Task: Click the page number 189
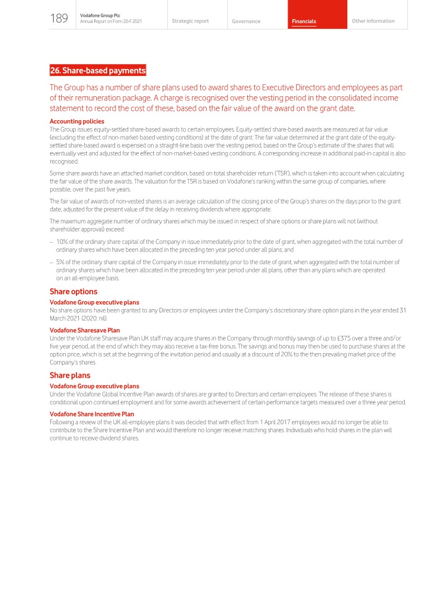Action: click(59, 19)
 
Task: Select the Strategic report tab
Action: click(190, 21)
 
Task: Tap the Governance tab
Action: click(246, 21)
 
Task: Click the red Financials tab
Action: click(304, 21)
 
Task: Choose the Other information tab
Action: click(373, 21)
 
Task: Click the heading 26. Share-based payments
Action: click(98, 70)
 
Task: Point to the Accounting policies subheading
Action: click(77, 121)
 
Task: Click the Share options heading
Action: click(73, 291)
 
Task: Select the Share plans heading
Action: click(70, 375)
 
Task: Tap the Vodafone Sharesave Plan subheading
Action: click(85, 330)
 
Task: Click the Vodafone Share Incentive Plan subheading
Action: click(92, 414)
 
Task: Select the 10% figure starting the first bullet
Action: click(62, 242)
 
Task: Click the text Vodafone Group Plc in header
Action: click(100, 15)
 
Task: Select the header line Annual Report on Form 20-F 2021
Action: click(111, 21)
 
